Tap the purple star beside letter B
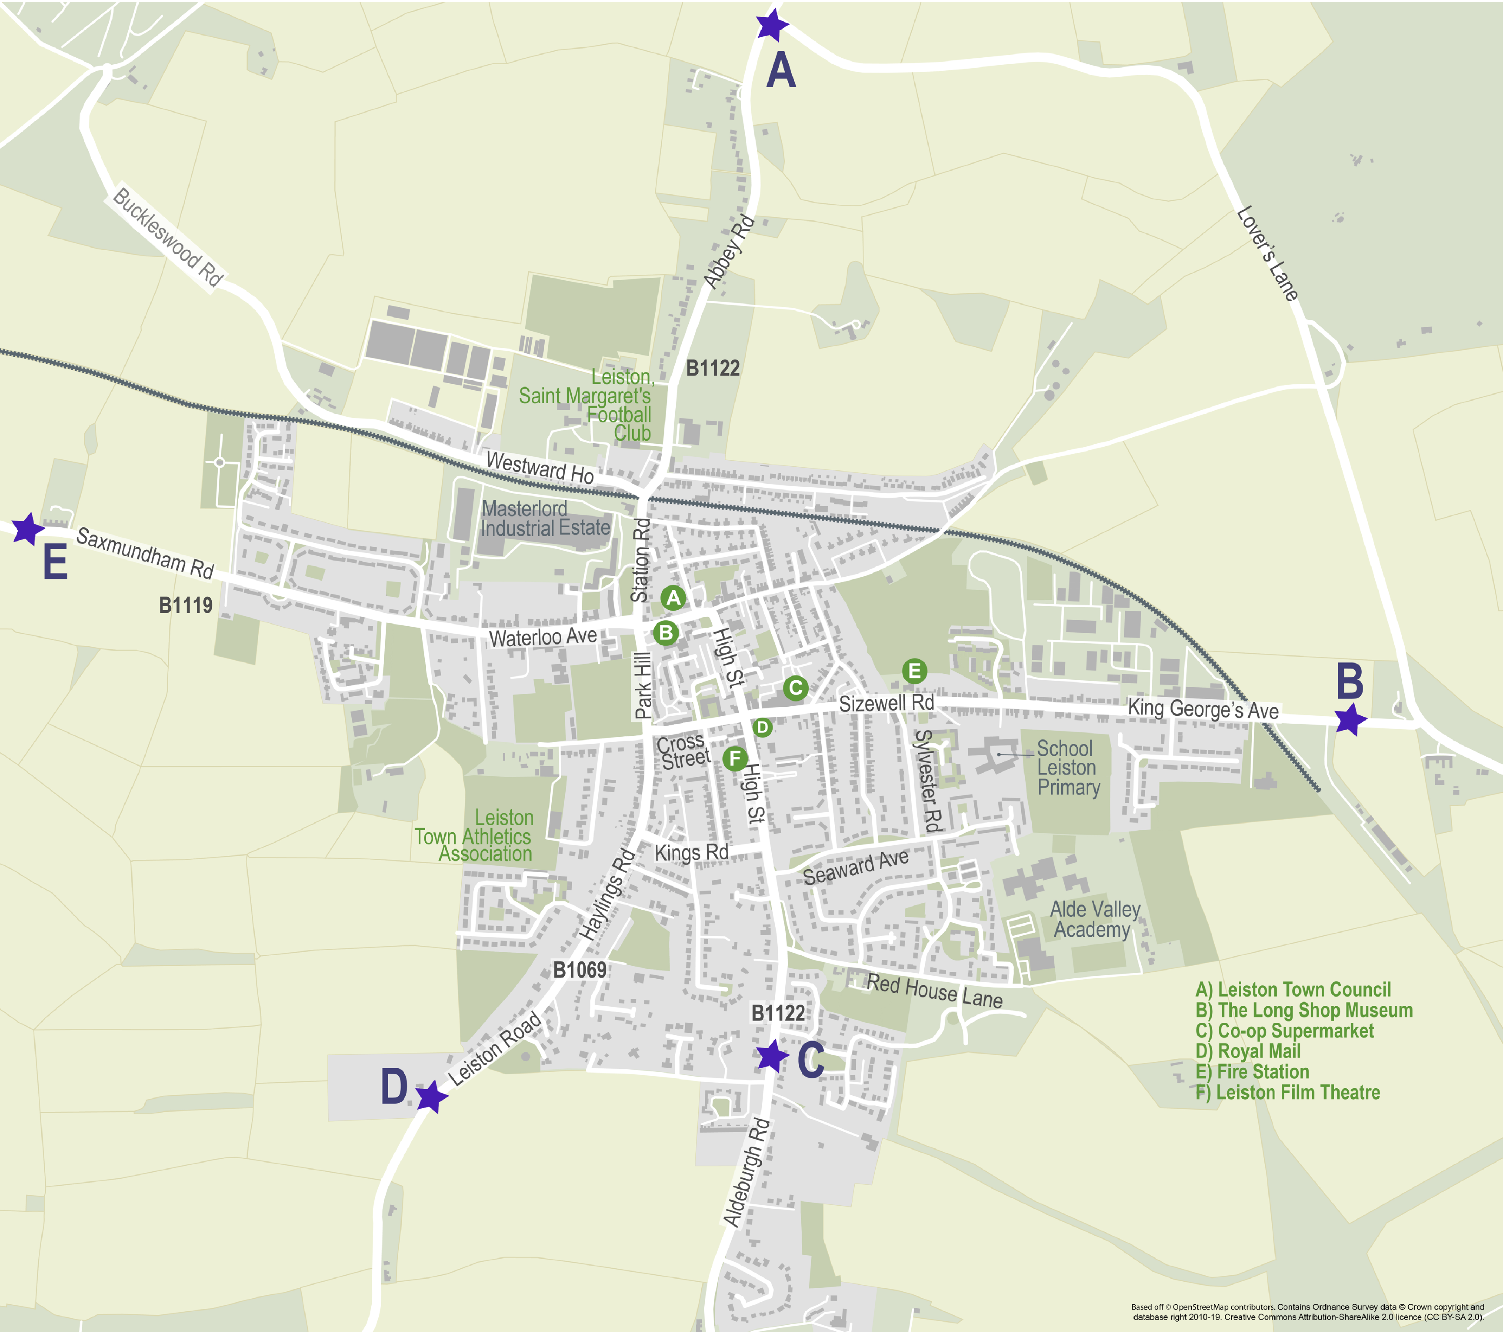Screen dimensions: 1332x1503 (x=1350, y=719)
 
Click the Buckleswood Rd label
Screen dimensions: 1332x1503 (x=168, y=237)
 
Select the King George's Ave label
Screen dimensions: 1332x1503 (x=1203, y=709)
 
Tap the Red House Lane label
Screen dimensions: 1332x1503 (x=934, y=990)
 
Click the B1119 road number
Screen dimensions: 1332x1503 (x=186, y=605)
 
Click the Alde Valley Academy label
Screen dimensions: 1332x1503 (x=1094, y=920)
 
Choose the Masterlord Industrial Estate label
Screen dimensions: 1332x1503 (x=545, y=519)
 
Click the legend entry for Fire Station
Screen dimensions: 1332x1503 (x=1252, y=1072)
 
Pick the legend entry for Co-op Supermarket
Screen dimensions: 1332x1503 (x=1284, y=1030)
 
